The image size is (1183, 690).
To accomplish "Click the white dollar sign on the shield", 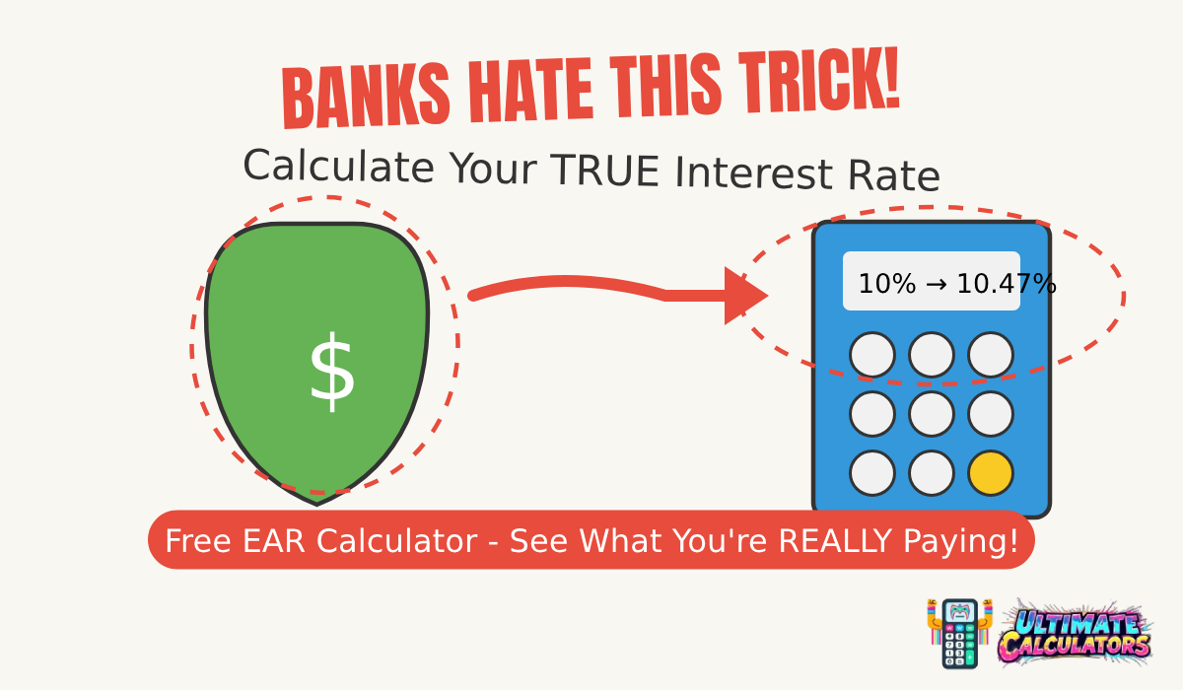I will pos(331,373).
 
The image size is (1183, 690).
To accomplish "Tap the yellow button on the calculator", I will pos(991,473).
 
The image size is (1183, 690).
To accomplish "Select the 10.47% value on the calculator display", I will pos(1007,285).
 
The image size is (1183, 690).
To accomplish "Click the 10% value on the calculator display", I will pos(887,285).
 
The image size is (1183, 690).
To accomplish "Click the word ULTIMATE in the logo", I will pos(1077,624).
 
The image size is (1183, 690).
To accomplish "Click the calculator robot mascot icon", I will pos(958,633).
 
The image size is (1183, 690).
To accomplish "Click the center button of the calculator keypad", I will pos(932,414).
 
